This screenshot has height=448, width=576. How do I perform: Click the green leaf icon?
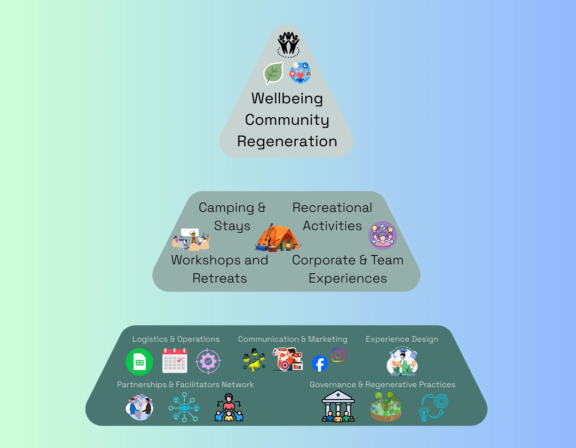coord(273,73)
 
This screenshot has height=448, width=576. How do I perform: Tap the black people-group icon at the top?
coord(288,44)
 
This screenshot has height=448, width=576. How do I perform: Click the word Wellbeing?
coord(287,98)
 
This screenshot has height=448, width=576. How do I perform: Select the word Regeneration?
coord(287,141)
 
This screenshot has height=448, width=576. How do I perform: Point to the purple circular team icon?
coord(382,235)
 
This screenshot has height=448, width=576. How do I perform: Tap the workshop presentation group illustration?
coord(191,239)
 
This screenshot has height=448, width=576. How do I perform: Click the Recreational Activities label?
coord(332,217)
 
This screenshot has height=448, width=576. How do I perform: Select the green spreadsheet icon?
coord(140,362)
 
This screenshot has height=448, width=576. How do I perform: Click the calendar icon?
coord(175,361)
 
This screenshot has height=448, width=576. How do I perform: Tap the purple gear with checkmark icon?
coord(208,361)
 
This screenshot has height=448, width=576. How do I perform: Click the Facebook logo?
coord(320,364)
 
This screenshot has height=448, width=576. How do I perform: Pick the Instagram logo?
coord(338,355)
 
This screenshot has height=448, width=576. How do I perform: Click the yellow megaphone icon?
coord(254,360)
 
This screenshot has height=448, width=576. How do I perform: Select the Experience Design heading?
coord(402,339)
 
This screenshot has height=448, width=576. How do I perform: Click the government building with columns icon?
coord(338,406)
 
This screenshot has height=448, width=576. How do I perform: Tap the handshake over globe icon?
coord(140,407)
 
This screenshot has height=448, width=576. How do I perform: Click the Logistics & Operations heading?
coord(176,339)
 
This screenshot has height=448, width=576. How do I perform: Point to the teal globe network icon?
coord(184,407)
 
